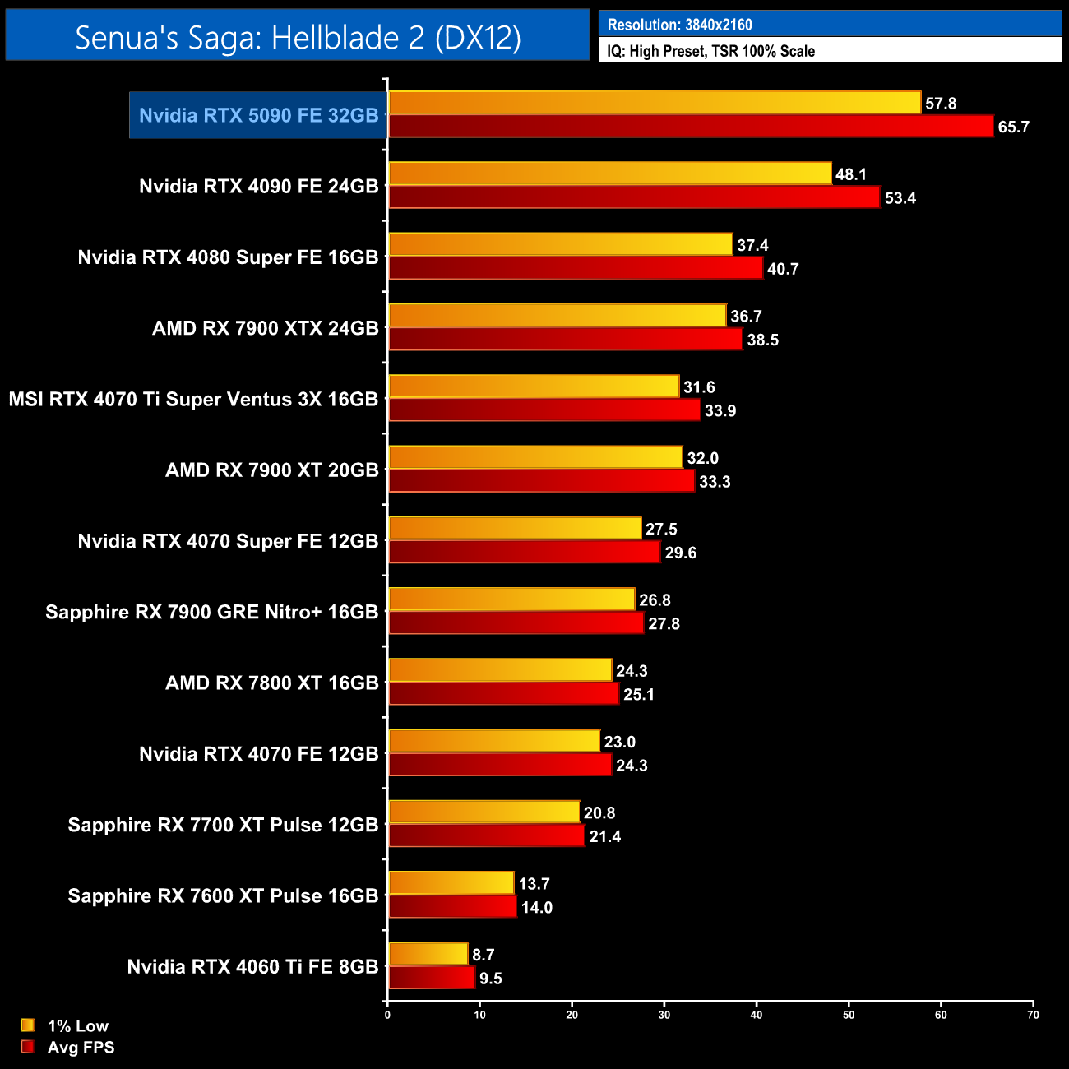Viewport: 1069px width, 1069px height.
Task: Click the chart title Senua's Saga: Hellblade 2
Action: coord(298,37)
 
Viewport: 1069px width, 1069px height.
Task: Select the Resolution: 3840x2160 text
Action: coord(679,25)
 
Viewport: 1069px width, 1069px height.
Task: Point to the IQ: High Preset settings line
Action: coord(710,51)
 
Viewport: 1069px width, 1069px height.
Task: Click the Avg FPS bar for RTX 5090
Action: coord(691,127)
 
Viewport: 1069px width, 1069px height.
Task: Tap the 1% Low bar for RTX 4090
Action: coord(609,174)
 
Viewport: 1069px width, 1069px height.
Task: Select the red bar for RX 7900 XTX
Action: coord(565,340)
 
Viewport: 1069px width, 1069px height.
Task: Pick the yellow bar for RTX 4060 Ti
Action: coord(428,954)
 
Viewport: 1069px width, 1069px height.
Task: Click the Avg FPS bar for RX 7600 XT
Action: coord(452,907)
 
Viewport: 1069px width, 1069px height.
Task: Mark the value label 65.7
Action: coord(1013,127)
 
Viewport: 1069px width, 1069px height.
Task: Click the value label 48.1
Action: coord(851,174)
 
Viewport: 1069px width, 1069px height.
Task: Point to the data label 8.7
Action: coord(484,955)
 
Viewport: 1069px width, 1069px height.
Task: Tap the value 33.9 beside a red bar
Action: coord(720,411)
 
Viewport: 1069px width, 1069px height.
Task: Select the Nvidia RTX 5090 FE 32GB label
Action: coord(258,115)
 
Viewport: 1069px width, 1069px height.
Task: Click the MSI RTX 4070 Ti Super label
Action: coord(193,400)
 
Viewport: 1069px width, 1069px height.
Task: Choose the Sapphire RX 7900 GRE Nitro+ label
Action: coord(211,613)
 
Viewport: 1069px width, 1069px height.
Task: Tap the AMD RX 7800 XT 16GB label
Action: coord(271,683)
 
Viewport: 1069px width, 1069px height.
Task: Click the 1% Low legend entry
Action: coord(77,1025)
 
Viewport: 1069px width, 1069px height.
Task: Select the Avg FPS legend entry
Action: coord(81,1048)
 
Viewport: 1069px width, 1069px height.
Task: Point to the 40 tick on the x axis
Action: coord(757,1015)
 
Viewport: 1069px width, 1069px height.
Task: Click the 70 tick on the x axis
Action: coord(1033,1015)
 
